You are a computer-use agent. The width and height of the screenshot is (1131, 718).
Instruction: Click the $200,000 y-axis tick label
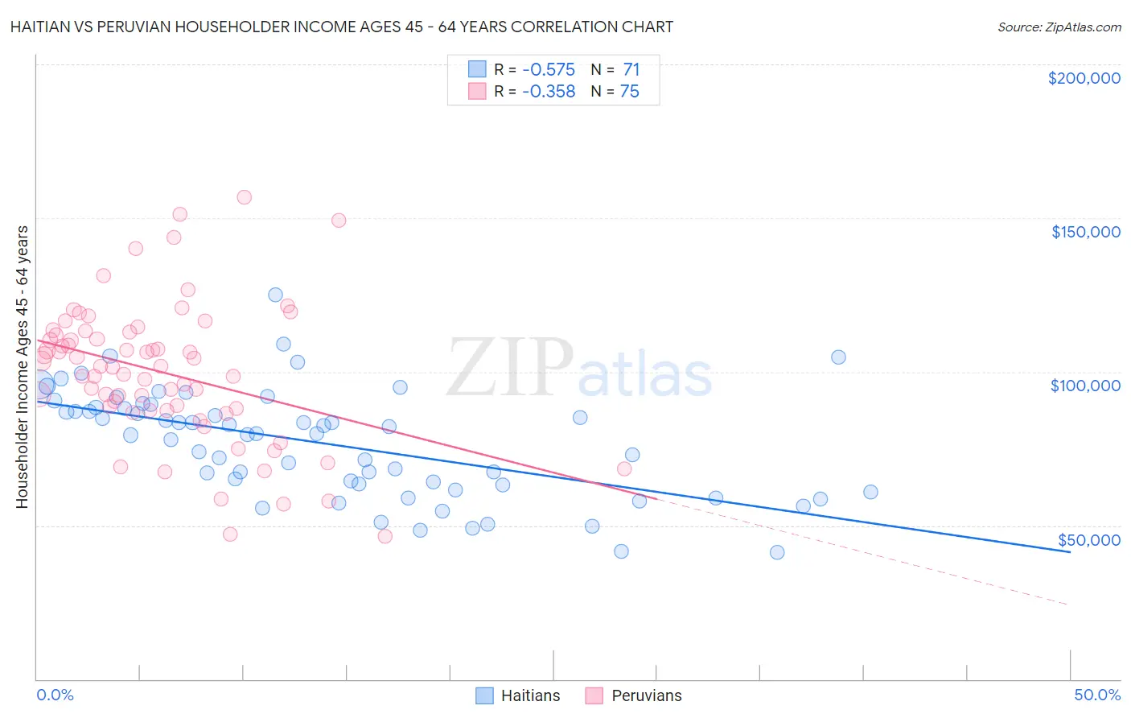click(1084, 78)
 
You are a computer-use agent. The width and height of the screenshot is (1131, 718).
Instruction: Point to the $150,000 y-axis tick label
click(1085, 232)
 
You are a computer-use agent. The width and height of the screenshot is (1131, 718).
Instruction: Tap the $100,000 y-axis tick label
click(1085, 386)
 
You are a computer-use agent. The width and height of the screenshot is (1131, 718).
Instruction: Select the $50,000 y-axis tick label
click(1088, 539)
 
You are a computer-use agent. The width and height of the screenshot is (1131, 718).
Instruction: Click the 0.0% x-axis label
click(55, 695)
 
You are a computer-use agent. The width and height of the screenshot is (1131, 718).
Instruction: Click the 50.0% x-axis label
click(1097, 695)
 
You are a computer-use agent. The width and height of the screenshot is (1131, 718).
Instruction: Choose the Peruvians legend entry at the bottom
click(633, 695)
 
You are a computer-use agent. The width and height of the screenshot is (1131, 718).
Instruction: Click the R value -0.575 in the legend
click(549, 69)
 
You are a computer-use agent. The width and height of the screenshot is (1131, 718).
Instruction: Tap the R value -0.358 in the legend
click(549, 92)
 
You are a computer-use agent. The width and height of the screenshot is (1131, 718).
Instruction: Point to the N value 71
click(631, 69)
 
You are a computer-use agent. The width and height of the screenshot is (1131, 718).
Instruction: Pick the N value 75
click(629, 92)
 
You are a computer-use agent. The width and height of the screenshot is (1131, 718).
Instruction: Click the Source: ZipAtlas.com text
click(1059, 27)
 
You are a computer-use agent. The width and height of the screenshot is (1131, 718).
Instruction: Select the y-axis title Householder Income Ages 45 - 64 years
click(22, 367)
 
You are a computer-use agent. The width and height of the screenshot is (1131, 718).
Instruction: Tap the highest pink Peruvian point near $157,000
click(244, 197)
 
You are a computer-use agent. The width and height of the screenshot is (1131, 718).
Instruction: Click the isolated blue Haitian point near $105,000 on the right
click(838, 357)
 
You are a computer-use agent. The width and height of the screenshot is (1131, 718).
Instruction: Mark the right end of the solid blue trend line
click(1070, 552)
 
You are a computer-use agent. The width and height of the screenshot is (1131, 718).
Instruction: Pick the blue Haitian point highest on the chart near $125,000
click(275, 295)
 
